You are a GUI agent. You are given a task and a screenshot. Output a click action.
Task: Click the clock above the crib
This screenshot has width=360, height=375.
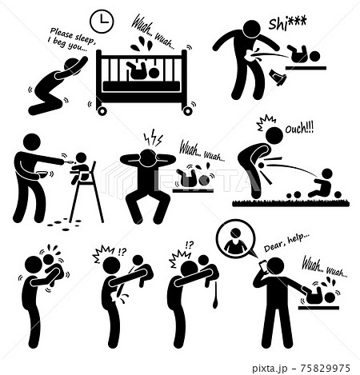tap(102, 21)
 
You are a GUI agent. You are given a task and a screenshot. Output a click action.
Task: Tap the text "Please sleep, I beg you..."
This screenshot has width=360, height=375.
tap(71, 38)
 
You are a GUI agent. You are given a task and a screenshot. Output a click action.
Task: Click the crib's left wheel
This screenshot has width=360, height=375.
tap(102, 110)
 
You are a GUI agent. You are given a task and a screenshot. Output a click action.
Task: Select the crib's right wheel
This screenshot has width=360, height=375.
tap(188, 110)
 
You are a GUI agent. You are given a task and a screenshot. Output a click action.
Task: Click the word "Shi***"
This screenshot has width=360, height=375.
tap(287, 23)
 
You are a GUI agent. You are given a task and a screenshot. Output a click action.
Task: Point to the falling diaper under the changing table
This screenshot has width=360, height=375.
tap(278, 78)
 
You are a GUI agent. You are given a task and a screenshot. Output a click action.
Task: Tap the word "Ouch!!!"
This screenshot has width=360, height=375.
tap(299, 129)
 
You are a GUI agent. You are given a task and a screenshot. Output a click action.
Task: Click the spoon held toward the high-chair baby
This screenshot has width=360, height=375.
tap(69, 162)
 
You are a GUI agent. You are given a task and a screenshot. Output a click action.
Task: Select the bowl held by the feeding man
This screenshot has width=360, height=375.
tap(42, 174)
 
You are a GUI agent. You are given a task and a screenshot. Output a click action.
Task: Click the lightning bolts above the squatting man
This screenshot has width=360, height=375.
tap(153, 138)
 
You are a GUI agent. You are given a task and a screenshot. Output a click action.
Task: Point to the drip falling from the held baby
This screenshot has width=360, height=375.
tap(215, 296)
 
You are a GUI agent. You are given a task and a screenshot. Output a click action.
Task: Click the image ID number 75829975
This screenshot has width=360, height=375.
tap(325, 369)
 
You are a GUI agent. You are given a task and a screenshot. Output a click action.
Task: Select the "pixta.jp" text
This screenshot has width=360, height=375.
tap(270, 369)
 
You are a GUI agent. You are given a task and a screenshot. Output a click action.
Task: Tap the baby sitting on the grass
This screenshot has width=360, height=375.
tap(322, 183)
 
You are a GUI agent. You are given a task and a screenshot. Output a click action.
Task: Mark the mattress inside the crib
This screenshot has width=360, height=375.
tap(142, 86)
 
